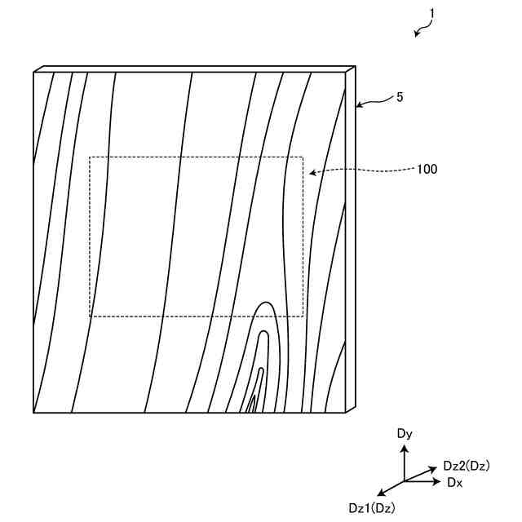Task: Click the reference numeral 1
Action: pos(431,15)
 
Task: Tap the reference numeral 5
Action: pos(399,97)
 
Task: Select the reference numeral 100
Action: pos(427,170)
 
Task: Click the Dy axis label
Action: pos(405,434)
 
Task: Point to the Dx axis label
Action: pos(454,483)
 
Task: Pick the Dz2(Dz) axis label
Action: pos(466,466)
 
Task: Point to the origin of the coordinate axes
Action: pos(405,481)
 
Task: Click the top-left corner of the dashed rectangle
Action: pos(90,157)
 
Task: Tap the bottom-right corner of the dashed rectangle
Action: pos(303,316)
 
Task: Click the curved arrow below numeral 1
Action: pos(422,30)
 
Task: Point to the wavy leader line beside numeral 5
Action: pos(374,102)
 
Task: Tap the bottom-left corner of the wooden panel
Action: pos(33,413)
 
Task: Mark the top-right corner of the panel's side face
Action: pos(355,67)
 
